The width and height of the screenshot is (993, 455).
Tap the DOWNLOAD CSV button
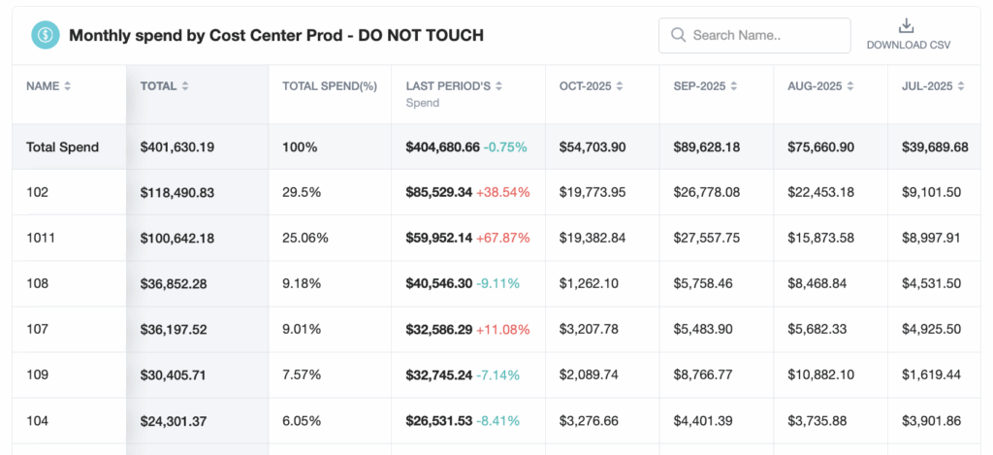click(x=908, y=34)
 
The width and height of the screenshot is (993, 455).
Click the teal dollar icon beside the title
click(x=45, y=36)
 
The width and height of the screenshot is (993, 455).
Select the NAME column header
click(x=43, y=85)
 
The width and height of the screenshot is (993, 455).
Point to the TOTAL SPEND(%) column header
click(x=330, y=85)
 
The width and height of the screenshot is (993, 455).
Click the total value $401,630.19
click(x=177, y=147)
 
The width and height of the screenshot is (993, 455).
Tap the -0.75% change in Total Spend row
click(x=505, y=147)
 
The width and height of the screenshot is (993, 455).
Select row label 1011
click(x=39, y=238)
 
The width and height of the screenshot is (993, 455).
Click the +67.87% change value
click(x=503, y=238)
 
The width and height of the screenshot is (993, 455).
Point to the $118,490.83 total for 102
click(x=177, y=192)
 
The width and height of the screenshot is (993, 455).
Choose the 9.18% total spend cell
click(x=301, y=283)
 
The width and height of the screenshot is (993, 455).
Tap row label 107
click(x=37, y=329)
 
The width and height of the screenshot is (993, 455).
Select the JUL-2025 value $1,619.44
click(x=932, y=374)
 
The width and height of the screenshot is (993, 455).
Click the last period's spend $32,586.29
click(x=438, y=329)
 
